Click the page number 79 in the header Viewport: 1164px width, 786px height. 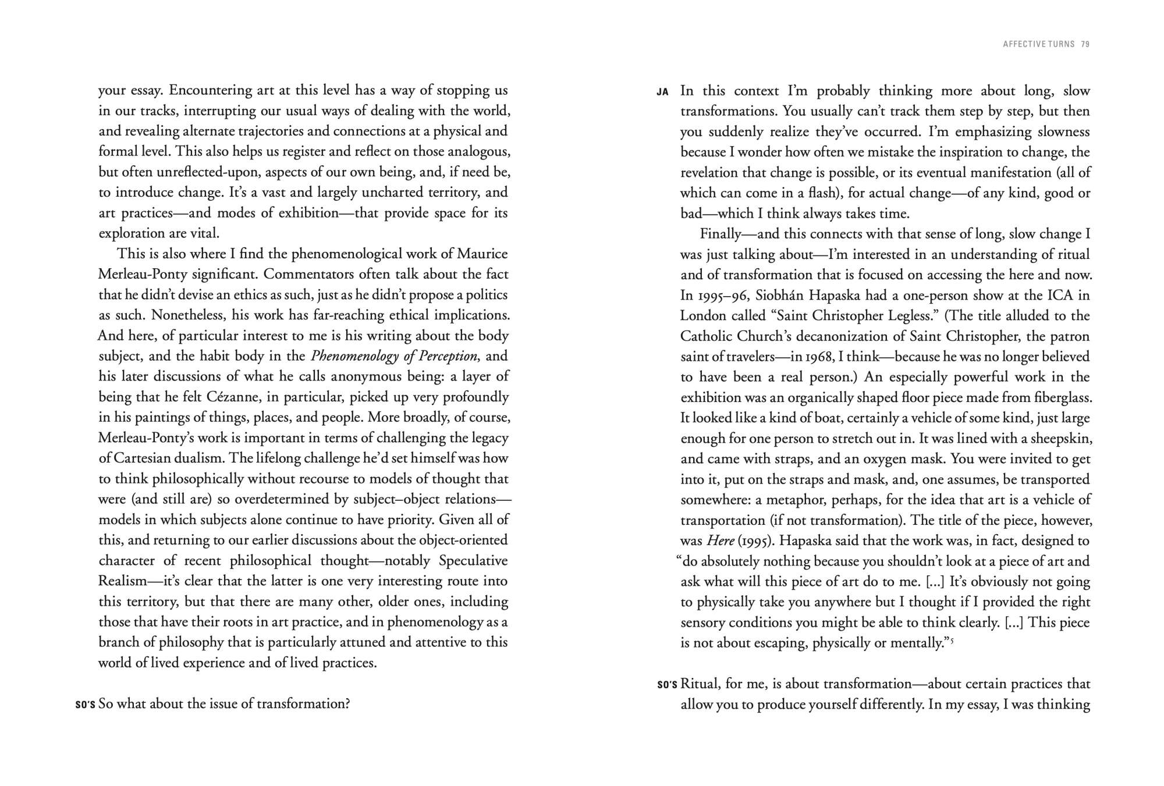[1085, 44]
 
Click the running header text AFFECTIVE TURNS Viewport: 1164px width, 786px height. [1038, 44]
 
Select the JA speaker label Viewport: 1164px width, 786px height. [662, 92]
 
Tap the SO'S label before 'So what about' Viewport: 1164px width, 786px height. [85, 705]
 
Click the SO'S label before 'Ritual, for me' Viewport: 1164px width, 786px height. [667, 685]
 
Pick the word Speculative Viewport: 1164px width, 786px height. [473, 561]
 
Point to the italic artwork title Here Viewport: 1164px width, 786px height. [720, 541]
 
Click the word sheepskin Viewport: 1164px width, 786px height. [1059, 438]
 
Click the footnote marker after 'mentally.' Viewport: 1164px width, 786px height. [952, 641]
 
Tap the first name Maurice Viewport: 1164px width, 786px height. [482, 254]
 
